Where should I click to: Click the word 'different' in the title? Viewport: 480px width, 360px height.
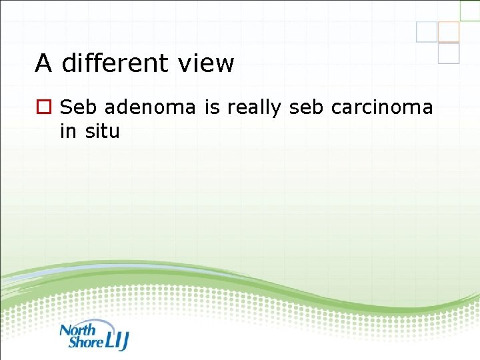(117, 63)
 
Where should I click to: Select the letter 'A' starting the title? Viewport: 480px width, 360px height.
(43, 63)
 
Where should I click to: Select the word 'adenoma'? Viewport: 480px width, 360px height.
(150, 107)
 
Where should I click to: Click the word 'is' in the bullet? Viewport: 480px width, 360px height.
(212, 107)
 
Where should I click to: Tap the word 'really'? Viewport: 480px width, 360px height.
(253, 107)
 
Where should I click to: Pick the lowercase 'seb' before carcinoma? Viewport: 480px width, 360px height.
(305, 107)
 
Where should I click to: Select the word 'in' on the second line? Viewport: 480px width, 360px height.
(68, 131)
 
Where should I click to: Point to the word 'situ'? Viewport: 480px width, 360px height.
(102, 131)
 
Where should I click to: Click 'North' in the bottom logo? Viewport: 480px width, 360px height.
(77, 329)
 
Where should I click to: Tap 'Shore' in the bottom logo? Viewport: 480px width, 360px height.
(85, 342)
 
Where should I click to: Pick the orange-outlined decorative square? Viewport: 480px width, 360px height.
(449, 32)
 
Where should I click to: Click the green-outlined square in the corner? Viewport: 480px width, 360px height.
(470, 10)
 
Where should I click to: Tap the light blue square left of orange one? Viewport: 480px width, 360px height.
(427, 32)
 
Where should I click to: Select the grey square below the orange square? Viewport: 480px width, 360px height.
(449, 53)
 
